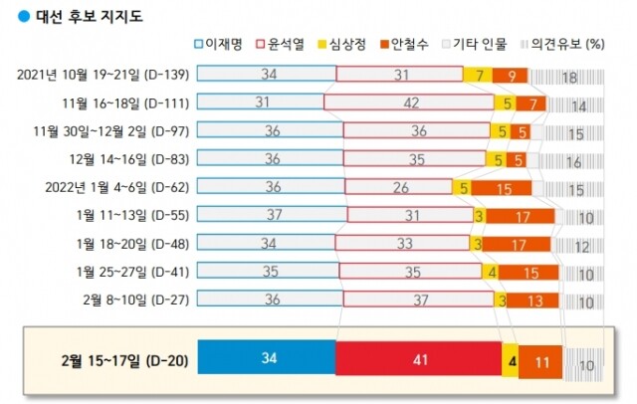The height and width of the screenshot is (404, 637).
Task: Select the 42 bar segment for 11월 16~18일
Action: (x=408, y=101)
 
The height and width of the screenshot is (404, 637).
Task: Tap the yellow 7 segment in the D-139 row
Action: (x=478, y=74)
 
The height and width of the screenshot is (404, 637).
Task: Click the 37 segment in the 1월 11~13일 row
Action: (x=271, y=214)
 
